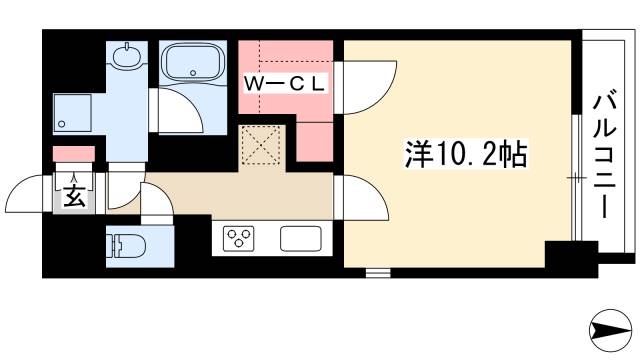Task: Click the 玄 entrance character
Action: pos(75,196)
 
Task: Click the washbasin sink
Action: pos(127,56)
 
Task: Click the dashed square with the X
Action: pos(262,147)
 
